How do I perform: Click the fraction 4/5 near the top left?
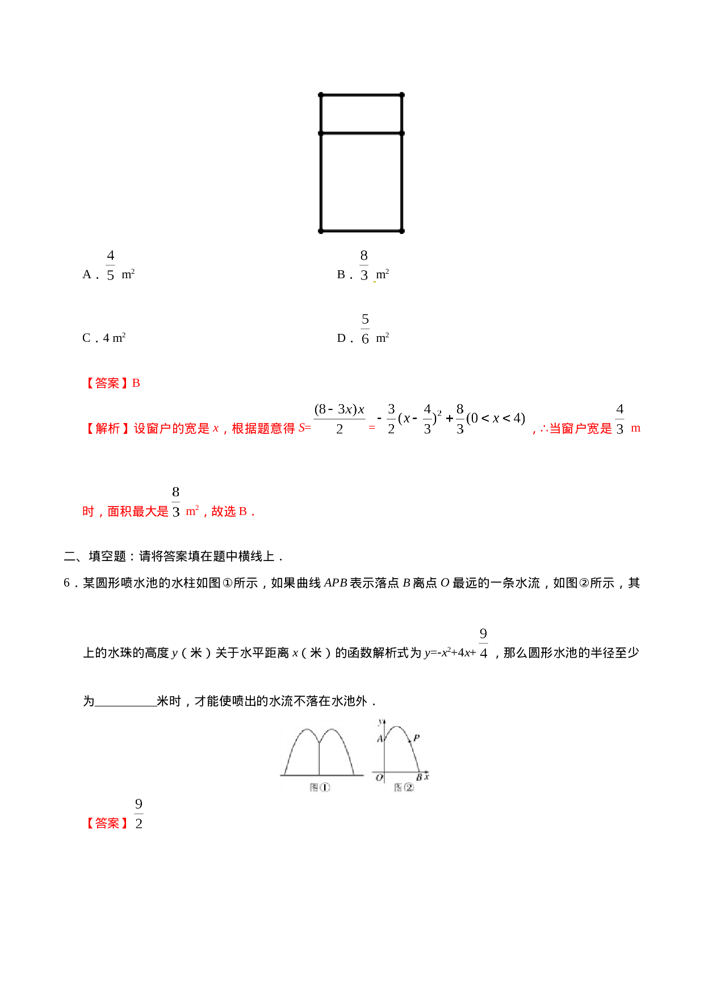[x=111, y=265]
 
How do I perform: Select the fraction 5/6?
[x=365, y=329]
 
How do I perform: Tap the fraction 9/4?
[x=483, y=643]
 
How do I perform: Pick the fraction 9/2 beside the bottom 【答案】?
[x=139, y=813]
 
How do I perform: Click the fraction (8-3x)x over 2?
[x=340, y=419]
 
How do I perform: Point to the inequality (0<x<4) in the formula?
[x=496, y=419]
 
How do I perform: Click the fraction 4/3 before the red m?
[x=619, y=419]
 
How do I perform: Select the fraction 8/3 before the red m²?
[x=176, y=501]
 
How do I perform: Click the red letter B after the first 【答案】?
[x=136, y=383]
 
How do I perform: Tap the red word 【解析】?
[x=107, y=429]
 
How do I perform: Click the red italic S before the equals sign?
[x=301, y=428]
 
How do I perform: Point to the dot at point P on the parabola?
[x=410, y=742]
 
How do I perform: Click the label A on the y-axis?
[x=380, y=739]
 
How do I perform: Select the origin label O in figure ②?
[x=379, y=777]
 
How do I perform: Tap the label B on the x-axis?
[x=419, y=777]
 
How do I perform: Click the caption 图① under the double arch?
[x=320, y=787]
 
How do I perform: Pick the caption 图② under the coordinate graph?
[x=404, y=787]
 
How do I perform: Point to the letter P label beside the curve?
[x=417, y=738]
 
